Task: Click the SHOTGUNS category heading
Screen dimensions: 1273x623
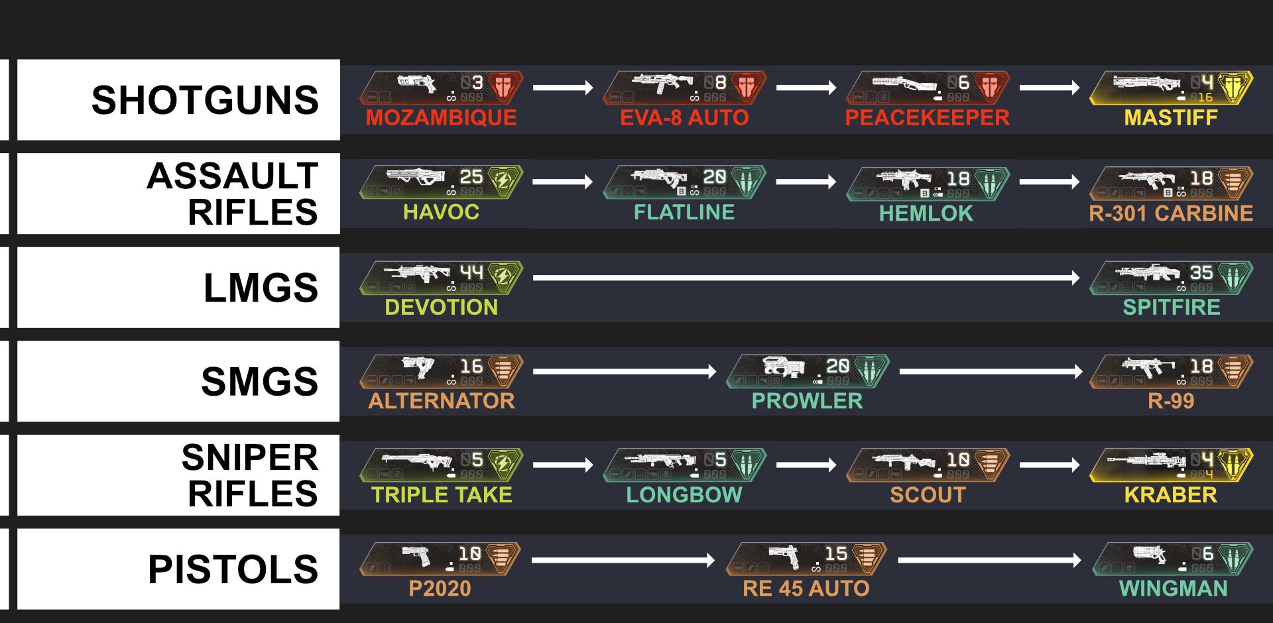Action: [x=205, y=100]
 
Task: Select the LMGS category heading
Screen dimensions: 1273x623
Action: [x=261, y=288]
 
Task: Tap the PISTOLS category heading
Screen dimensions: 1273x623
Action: [x=233, y=569]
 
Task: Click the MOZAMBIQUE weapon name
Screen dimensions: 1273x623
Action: [x=441, y=118]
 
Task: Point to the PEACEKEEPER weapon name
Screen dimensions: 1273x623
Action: [x=927, y=118]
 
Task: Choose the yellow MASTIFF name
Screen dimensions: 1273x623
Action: [x=1171, y=118]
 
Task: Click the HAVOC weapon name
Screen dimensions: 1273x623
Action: [x=441, y=212]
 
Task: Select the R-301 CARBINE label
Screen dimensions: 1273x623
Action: [x=1171, y=213]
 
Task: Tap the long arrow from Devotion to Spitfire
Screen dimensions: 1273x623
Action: [x=806, y=278]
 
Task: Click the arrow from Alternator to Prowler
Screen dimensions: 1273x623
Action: [x=625, y=372]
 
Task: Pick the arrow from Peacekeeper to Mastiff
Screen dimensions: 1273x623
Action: [x=1050, y=87]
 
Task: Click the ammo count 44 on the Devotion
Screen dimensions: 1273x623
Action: [x=472, y=272]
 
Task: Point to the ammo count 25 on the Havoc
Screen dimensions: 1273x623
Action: [x=471, y=177]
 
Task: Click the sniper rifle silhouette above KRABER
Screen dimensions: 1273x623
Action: [x=1144, y=461]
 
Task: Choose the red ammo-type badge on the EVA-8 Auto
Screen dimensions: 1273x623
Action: [x=747, y=87]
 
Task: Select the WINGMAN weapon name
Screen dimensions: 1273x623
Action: [x=1174, y=589]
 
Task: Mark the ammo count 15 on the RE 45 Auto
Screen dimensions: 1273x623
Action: [x=835, y=553]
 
